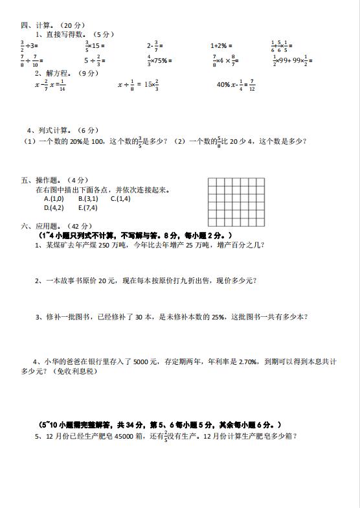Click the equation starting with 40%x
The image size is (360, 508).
click(236, 85)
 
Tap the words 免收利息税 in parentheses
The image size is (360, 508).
click(76, 371)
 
